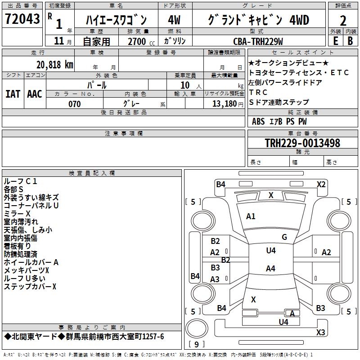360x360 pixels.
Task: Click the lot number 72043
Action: (22, 20)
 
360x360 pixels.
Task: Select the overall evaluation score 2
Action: (343, 20)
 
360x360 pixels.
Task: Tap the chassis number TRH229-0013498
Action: (302, 143)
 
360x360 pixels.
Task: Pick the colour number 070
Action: (75, 104)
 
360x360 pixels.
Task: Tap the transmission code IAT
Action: (13, 94)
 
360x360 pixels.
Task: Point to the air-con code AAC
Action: (35, 94)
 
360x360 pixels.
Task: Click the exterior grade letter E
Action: (335, 41)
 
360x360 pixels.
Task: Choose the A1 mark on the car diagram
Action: (251, 216)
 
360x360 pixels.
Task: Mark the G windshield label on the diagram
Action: (284, 237)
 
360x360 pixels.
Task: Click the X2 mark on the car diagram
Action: (321, 184)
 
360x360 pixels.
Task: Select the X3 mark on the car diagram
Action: (320, 332)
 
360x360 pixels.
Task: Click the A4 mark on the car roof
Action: (270, 269)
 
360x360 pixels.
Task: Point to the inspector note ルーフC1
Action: (20, 181)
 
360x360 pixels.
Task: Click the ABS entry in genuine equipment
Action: (258, 121)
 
